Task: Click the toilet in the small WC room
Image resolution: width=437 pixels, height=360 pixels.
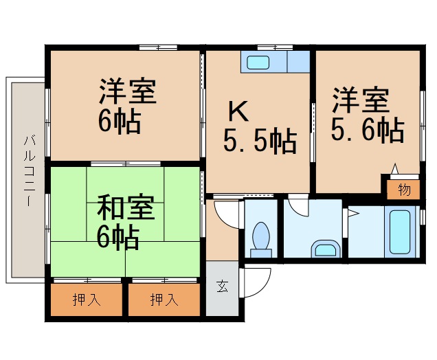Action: point(261,238)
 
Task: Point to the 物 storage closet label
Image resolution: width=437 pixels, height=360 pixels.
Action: point(404,190)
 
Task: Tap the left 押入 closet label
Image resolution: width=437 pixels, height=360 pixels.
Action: point(84,300)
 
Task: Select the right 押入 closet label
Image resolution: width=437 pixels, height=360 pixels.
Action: point(162,300)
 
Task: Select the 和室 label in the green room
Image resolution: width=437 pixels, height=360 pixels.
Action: point(125,207)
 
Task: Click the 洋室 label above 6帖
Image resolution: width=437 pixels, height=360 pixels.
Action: point(128,92)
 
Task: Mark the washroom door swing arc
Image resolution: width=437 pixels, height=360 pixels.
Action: point(298,206)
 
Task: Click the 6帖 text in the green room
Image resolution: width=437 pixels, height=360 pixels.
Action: point(117,238)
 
